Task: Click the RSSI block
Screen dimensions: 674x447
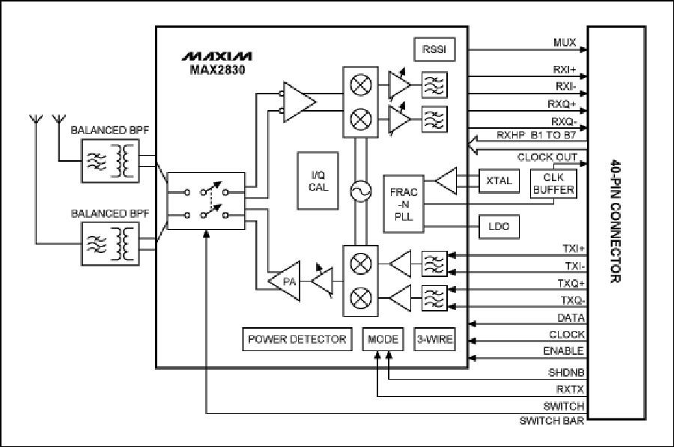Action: coord(434,49)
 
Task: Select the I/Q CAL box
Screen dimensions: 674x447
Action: coord(318,181)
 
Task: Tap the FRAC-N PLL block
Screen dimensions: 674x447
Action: coord(403,204)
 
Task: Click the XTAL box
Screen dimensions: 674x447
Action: coord(499,181)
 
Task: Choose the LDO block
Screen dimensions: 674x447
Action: coord(499,227)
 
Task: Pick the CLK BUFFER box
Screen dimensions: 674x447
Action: coord(553,183)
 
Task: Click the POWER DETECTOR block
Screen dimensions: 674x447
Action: coord(297,339)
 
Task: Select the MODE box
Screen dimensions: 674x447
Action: coord(383,339)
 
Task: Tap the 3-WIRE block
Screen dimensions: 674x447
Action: coord(434,339)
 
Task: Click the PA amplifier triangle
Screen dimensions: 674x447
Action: coord(285,282)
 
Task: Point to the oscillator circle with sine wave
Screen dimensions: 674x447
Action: coord(361,191)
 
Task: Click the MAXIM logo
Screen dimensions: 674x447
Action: coord(217,56)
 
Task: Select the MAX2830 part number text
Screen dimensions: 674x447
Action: coord(217,70)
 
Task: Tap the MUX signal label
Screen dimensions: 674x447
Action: coord(565,43)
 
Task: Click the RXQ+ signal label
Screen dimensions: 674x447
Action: coord(562,104)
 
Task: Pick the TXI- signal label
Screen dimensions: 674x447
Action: coord(575,266)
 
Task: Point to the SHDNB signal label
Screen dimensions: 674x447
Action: coord(566,372)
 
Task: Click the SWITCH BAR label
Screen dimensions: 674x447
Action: coord(552,420)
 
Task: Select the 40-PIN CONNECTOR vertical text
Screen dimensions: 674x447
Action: coord(616,222)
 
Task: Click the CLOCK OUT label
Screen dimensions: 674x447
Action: coord(547,157)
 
